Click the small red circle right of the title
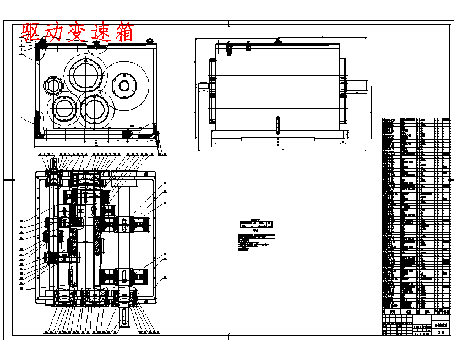coord(149,40)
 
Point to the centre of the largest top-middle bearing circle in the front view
coord(85,74)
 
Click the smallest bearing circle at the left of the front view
coord(54,85)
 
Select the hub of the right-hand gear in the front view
coord(124,85)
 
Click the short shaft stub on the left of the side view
coord(203,85)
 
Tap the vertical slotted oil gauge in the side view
coord(278,124)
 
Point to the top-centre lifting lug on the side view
coord(279,41)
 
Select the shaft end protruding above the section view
coord(55,163)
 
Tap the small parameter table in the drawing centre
coord(257,224)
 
